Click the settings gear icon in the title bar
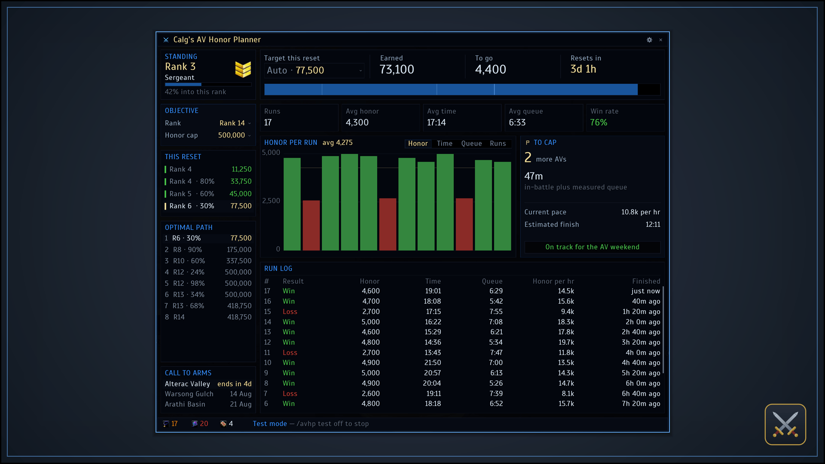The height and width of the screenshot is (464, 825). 649,40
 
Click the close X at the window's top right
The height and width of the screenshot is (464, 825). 661,40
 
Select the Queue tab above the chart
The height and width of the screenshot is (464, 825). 471,143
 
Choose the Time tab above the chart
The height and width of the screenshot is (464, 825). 445,143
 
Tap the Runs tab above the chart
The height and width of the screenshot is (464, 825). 498,143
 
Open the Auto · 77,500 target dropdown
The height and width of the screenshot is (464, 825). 314,70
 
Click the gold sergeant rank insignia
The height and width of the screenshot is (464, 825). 243,69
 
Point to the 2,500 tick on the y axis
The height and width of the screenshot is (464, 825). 271,201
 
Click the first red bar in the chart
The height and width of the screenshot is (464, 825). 311,225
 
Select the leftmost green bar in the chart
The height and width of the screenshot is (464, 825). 292,204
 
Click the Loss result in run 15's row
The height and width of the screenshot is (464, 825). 290,312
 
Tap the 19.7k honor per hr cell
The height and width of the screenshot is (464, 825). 566,342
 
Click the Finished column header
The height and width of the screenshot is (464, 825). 646,281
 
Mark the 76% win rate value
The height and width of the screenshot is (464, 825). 599,122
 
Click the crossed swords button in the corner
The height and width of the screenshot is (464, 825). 785,424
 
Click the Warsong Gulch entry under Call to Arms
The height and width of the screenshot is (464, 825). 189,394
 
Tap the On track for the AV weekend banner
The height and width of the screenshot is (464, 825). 592,247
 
